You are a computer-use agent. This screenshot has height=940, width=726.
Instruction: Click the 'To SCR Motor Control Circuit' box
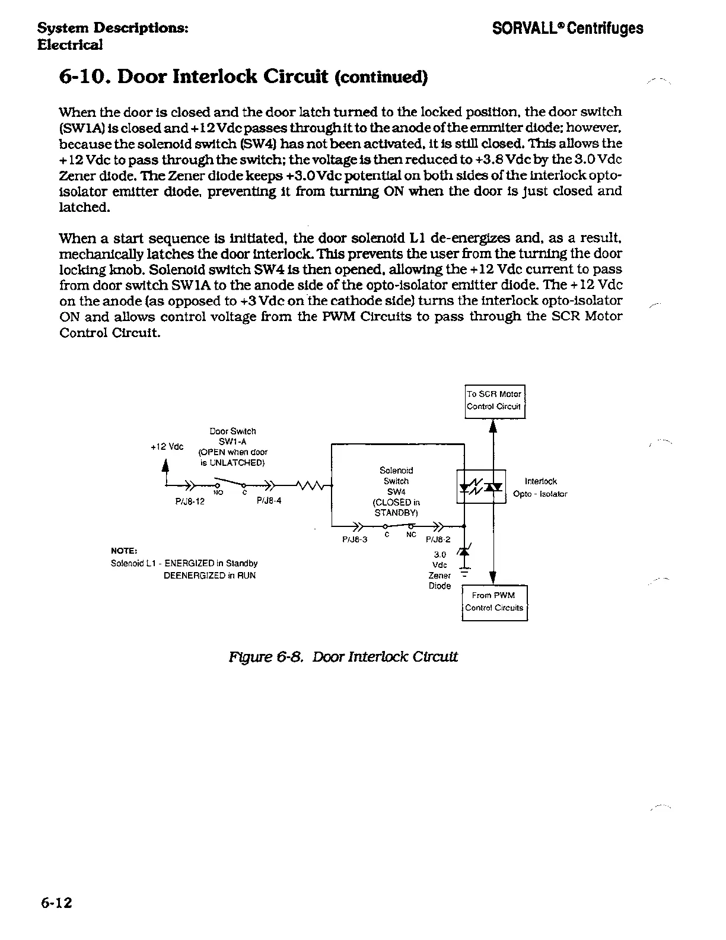coord(494,401)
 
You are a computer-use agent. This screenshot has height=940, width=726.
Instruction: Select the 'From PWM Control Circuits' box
coord(494,602)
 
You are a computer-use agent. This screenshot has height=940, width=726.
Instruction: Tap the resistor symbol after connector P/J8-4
coord(311,487)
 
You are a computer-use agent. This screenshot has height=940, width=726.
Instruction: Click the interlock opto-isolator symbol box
coord(481,487)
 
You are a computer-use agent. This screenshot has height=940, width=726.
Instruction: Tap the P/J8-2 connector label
coord(438,539)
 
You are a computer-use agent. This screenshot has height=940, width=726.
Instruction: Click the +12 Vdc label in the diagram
coord(167,446)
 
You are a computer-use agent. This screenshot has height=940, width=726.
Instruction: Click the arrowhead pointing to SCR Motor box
coord(493,427)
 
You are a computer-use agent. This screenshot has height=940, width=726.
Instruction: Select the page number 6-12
coord(56,903)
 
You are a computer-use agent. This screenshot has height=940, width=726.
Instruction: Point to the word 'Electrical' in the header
coord(70,45)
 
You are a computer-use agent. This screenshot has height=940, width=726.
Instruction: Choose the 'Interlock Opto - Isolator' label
coord(540,487)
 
